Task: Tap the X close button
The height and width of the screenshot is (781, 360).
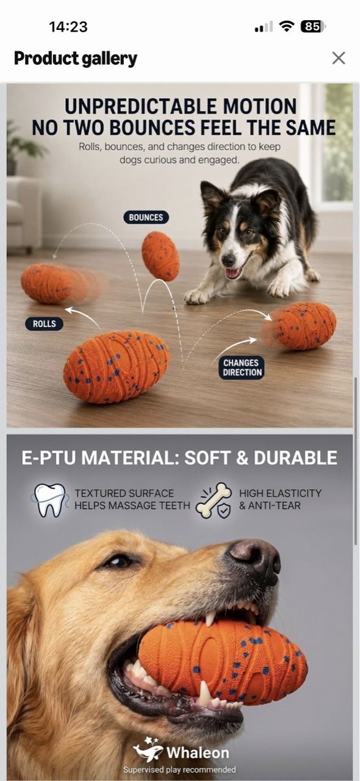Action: pos(339,58)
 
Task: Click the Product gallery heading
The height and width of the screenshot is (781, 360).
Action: pos(75,59)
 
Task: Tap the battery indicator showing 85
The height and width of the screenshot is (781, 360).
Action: pos(312,26)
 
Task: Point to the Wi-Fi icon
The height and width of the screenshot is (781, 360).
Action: pos(286,26)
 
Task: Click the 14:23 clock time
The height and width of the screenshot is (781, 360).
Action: pos(68,27)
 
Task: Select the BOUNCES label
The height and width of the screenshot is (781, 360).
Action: pos(146,217)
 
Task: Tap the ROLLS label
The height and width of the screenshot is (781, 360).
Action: pos(45,323)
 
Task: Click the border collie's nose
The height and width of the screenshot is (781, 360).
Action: pos(228,259)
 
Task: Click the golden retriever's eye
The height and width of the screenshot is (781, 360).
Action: pos(118,561)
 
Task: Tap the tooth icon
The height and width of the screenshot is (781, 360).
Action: pos(49,500)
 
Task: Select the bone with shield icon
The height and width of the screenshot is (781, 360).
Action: pos(214,500)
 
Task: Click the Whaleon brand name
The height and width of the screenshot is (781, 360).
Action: pos(198,752)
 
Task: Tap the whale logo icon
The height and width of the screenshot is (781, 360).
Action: pos(148,750)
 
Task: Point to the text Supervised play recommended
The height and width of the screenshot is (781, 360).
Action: pos(179,769)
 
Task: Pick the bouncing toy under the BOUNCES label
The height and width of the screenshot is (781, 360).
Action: pos(160,256)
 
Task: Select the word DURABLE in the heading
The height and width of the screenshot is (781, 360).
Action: pos(295,458)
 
